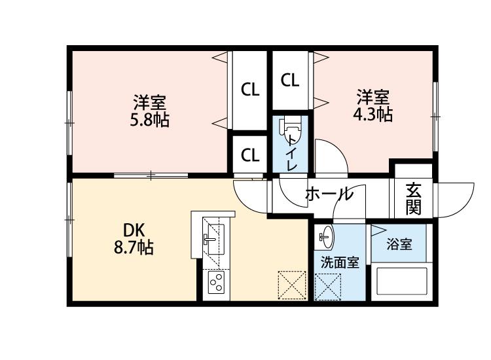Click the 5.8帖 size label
pyautogui.click(x=150, y=120)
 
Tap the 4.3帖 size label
pyautogui.click(x=374, y=115)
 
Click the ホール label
pyautogui.click(x=329, y=194)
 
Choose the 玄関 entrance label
pyautogui.click(x=413, y=198)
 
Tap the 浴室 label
pyautogui.click(x=399, y=245)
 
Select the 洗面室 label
pyautogui.click(x=339, y=262)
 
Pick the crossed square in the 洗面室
pyautogui.click(x=328, y=286)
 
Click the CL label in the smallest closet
pyautogui.click(x=249, y=155)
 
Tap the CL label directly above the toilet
pyautogui.click(x=290, y=81)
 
